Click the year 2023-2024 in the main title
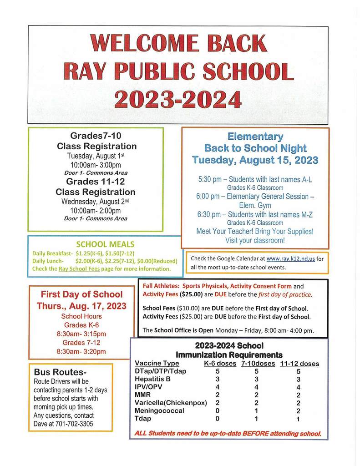pyautogui.click(x=177, y=99)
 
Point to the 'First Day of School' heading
pyautogui.click(x=81, y=294)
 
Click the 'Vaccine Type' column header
pyautogui.click(x=157, y=364)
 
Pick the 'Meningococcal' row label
pyautogui.click(x=160, y=410)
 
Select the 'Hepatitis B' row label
pyautogui.click(x=153, y=379)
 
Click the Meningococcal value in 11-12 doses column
pyautogui.click(x=298, y=411)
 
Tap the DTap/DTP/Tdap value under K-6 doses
pyautogui.click(x=218, y=371)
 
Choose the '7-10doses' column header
pyautogui.click(x=258, y=364)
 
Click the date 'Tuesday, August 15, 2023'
pyautogui.click(x=255, y=160)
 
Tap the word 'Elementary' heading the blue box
pyautogui.click(x=255, y=137)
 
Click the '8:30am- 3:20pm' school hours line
pyautogui.click(x=81, y=351)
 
